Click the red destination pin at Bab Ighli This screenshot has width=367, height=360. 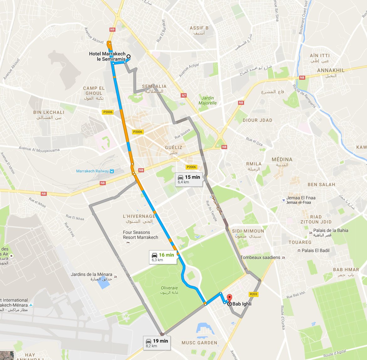click(229, 298)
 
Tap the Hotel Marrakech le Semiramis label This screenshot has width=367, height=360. click(107, 56)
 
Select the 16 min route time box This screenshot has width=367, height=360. click(163, 257)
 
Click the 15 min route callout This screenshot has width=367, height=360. click(189, 179)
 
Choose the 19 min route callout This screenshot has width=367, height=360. click(157, 343)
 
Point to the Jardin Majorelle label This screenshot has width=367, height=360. click(207, 100)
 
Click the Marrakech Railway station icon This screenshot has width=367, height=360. click(112, 171)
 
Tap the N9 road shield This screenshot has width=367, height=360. click(112, 30)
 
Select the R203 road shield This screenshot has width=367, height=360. click(253, 294)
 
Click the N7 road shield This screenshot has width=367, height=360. click(183, 95)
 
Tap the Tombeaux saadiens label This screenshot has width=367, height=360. click(260, 257)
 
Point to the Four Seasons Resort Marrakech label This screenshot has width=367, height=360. click(140, 235)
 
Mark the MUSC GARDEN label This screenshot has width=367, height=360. click(199, 343)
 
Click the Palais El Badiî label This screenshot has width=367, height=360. click(316, 250)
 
